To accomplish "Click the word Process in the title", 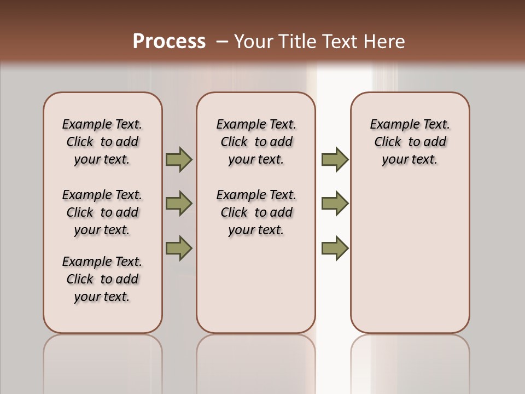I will coord(169,41).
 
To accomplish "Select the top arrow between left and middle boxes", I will coord(179,160).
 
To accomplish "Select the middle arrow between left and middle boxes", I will coord(179,204).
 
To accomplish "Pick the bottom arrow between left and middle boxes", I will coord(179,247).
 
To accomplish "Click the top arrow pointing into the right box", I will coord(335,160).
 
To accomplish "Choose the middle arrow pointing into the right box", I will coord(335,204).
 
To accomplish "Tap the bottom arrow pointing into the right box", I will coord(335,248).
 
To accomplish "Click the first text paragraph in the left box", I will coord(102,142).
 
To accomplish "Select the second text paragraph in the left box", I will coord(102,212).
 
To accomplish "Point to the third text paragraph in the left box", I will coord(102,279).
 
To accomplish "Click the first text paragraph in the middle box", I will coord(256,142).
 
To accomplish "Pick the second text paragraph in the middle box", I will coord(256,212).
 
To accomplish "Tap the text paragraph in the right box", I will coord(410,142).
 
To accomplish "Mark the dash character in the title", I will coord(222,42).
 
